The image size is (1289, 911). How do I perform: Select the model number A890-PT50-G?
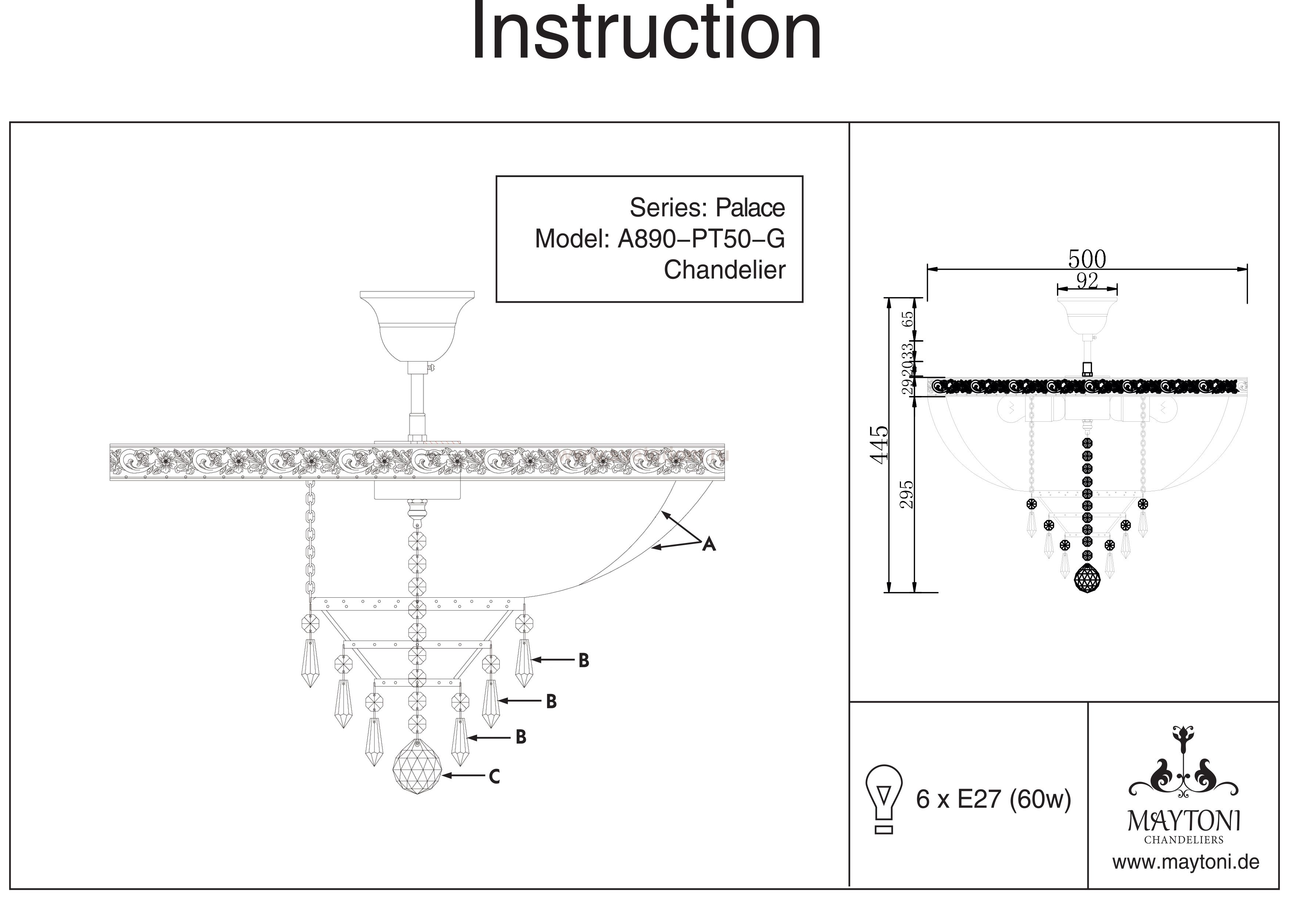tap(701, 239)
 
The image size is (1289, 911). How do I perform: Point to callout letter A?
tap(709, 544)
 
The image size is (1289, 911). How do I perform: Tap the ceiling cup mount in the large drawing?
tap(417, 325)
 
